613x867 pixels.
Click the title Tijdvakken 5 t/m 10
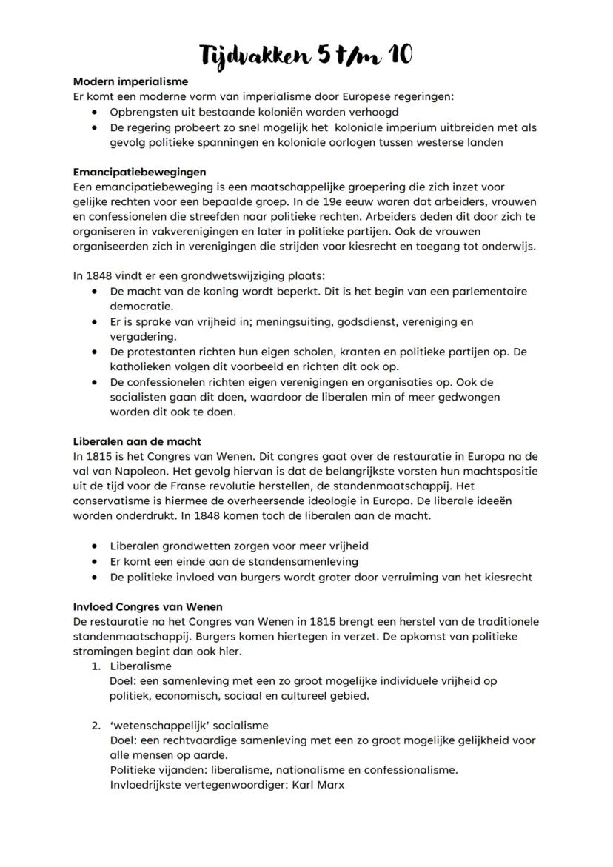pos(306,54)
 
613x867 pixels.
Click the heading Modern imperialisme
pos(130,81)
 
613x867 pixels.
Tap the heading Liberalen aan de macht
pos(137,441)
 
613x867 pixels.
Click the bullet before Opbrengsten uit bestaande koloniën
pos(95,113)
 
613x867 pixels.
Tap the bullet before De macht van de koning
pos(95,292)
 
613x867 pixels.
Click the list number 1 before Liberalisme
pos(96,666)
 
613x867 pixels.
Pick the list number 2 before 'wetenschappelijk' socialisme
pos(96,726)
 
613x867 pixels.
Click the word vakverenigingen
pos(190,232)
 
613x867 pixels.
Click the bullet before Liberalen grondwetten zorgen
pos(95,546)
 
